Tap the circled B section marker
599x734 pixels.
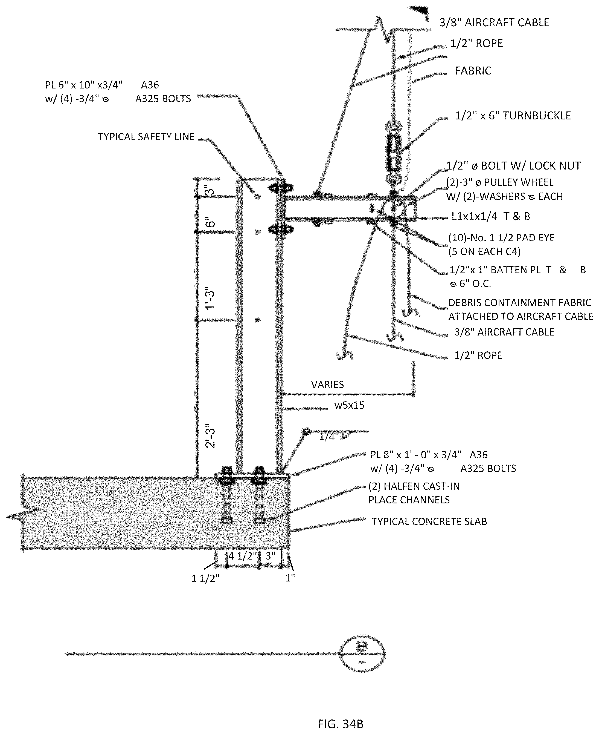[x=362, y=654]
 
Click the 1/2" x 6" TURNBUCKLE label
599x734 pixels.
[x=513, y=116]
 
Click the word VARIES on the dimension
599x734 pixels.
[x=327, y=385]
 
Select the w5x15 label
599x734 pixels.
[x=349, y=405]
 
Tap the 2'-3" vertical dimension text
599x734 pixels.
[x=210, y=436]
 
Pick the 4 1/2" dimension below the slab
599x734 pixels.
[x=243, y=556]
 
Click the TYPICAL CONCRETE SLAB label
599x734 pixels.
[x=429, y=521]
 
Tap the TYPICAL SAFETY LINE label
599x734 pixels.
[x=146, y=137]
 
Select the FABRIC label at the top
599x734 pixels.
[x=473, y=71]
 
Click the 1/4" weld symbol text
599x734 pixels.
[x=327, y=437]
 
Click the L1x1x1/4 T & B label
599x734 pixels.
[x=491, y=217]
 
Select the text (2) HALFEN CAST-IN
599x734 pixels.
[x=414, y=486]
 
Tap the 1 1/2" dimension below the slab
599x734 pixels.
[x=205, y=578]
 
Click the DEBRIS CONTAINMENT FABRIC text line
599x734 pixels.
[x=520, y=303]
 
